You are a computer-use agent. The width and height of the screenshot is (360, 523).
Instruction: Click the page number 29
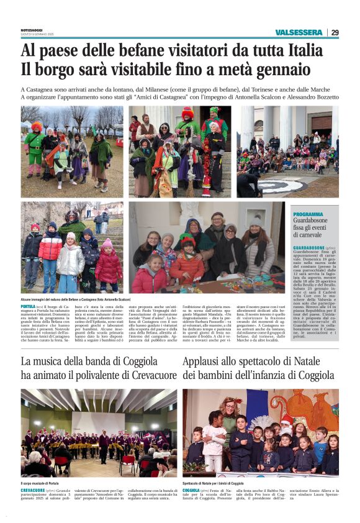pos(335,32)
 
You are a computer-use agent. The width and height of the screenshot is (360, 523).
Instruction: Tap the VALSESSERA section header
pos(300,32)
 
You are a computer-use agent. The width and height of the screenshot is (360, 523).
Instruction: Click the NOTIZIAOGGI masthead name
pos(33,30)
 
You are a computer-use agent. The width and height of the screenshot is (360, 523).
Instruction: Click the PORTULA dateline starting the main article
pos(28,307)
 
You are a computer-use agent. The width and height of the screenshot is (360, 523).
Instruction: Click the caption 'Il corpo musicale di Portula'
pos(40,483)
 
